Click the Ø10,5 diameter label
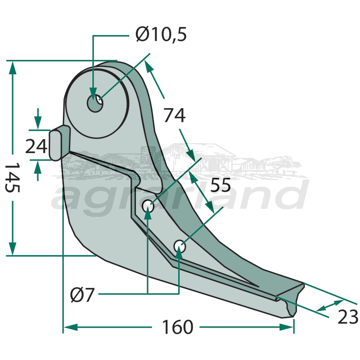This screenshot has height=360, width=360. (x=161, y=35)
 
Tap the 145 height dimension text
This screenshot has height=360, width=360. (x=12, y=178)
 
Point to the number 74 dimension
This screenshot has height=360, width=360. (x=175, y=116)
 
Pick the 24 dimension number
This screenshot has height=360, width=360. (x=36, y=147)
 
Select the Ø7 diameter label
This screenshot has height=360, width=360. (x=83, y=295)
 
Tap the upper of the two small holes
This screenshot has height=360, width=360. (x=148, y=207)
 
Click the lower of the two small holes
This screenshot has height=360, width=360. (x=179, y=246)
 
